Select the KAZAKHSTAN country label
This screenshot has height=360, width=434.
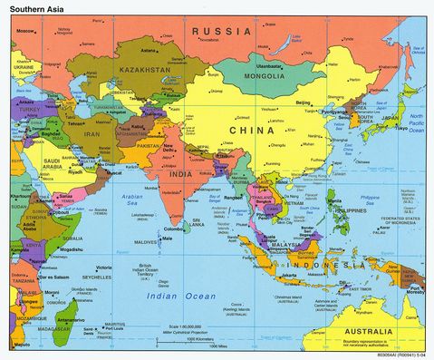tap(141, 69)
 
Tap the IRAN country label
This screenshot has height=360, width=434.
tap(93, 134)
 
